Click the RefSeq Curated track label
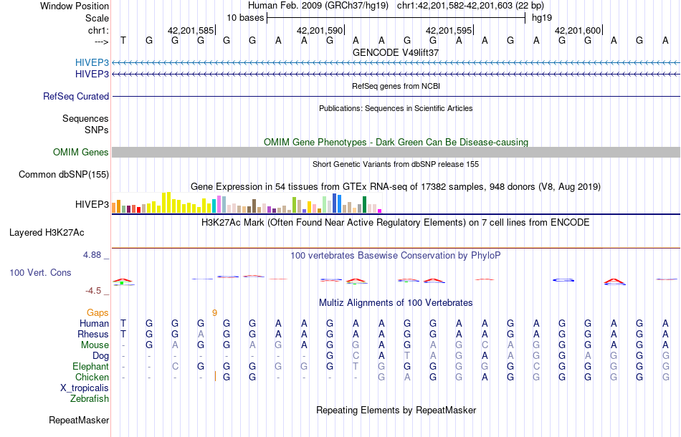pyautogui.click(x=76, y=96)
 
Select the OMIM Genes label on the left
pyautogui.click(x=80, y=152)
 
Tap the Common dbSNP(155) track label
pyautogui.click(x=64, y=174)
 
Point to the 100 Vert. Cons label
pyautogui.click(x=40, y=273)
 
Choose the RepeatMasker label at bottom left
pyautogui.click(x=79, y=420)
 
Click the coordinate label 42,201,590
pyautogui.click(x=319, y=31)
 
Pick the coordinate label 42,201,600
pyautogui.click(x=577, y=31)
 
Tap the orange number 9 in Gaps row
pyautogui.click(x=214, y=312)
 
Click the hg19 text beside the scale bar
pyautogui.click(x=541, y=18)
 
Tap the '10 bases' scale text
pyautogui.click(x=245, y=18)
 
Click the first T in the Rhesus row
pyautogui.click(x=123, y=334)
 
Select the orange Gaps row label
pyautogui.click(x=97, y=312)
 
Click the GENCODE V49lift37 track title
pyautogui.click(x=396, y=53)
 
